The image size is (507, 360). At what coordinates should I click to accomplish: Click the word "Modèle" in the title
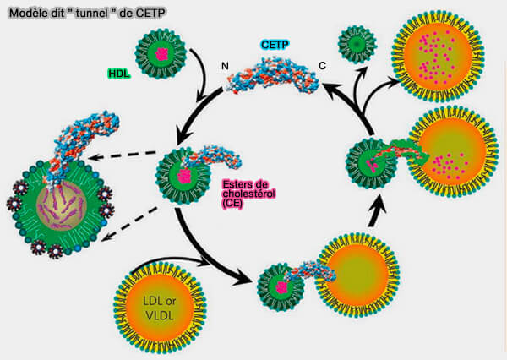(x=25, y=10)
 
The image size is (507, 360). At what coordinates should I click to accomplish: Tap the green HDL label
(x=121, y=75)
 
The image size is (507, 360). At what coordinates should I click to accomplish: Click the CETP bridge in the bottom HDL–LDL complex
(x=308, y=272)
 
